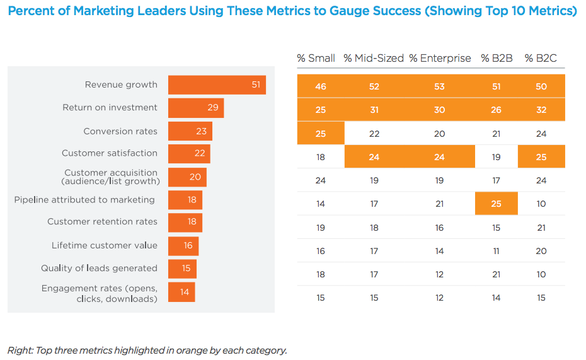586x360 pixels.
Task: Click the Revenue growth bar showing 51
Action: (217, 85)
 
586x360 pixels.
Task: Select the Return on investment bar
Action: (196, 108)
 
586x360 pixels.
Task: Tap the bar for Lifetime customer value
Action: (183, 246)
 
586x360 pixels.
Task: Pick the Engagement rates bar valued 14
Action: (181, 292)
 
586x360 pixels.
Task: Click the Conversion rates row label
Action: (120, 132)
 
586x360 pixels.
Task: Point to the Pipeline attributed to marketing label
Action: (84, 200)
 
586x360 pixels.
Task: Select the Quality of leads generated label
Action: (99, 269)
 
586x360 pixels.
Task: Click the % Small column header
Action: (316, 58)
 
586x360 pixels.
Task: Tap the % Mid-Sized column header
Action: (374, 58)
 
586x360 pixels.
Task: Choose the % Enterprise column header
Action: (440, 58)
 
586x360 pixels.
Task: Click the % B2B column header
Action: (497, 58)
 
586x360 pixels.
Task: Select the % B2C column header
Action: (541, 58)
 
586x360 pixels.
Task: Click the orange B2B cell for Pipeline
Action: (497, 204)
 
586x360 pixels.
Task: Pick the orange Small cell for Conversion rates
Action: (321, 134)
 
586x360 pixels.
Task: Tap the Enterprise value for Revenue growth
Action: (439, 86)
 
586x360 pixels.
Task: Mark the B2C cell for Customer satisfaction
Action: (541, 157)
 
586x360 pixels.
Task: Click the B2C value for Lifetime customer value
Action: (541, 251)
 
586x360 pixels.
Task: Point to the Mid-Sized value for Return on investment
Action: (374, 110)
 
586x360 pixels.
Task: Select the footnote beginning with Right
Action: (147, 350)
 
